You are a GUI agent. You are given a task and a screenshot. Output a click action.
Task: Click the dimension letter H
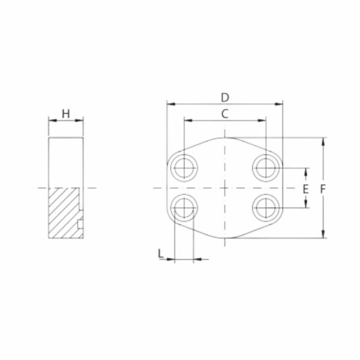(66, 113)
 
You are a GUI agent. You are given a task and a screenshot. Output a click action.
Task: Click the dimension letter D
(225, 97)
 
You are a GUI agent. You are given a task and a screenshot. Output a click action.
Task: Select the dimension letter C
(225, 113)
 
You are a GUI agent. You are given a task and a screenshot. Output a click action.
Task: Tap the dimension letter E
(305, 188)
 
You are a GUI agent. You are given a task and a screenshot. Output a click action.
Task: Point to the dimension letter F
(325, 188)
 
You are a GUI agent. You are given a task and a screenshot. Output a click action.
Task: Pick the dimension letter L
(160, 254)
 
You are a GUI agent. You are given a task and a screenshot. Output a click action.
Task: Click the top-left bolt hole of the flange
(183, 167)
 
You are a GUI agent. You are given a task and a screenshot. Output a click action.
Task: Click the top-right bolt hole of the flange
(265, 167)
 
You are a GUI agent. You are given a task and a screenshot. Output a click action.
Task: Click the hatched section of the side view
(62, 213)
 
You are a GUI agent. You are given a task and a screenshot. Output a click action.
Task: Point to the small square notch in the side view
(81, 224)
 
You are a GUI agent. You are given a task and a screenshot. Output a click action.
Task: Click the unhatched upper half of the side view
(66, 162)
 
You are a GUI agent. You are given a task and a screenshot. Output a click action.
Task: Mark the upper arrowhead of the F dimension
(325, 142)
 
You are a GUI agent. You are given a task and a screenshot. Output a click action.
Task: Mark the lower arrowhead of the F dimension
(325, 235)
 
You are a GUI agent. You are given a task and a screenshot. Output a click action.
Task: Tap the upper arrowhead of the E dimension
(306, 172)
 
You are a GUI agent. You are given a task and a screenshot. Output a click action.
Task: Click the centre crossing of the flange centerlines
(224, 188)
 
